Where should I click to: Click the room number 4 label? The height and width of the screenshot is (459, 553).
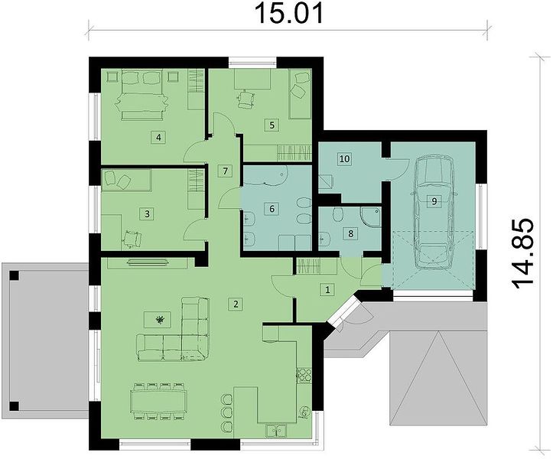158,137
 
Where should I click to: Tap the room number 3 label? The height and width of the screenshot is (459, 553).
147,213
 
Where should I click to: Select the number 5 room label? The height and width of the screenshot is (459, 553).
272,125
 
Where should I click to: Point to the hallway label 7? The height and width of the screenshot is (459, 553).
226,171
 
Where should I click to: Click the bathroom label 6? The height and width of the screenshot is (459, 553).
272,209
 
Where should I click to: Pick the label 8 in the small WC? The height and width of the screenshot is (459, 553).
350,233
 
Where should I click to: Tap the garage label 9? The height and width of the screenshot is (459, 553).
434,201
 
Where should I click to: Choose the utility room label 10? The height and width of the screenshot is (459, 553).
344,159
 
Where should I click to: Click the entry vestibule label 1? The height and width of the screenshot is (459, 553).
327,290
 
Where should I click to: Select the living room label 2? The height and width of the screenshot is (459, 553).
236,304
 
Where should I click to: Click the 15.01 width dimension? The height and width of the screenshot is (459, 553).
288,14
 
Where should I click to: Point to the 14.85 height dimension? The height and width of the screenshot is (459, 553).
522,254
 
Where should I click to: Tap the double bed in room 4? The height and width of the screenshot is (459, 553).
142,94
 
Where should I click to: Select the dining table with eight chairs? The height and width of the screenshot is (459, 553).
158,401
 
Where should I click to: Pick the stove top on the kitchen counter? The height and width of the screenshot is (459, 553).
304,376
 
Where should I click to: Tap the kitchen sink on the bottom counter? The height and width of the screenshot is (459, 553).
277,431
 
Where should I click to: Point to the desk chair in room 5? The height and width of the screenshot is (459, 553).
246,99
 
